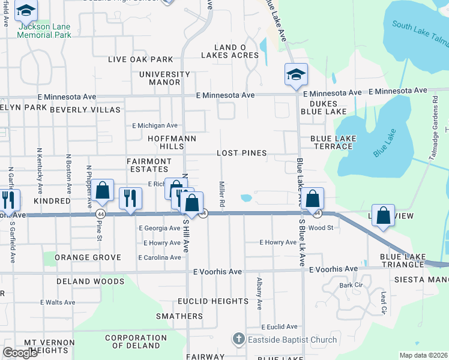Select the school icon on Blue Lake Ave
coord(296,75)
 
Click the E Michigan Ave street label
coord(155,125)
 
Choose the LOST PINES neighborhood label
coord(241,153)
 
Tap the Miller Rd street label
coord(221,195)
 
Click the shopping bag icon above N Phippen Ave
coord(103,191)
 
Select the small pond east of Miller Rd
coord(246,197)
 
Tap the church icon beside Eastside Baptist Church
coord(238,340)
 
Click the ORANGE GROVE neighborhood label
coord(88,257)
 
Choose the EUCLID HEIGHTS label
coord(213,301)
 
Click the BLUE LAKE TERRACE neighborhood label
coord(333,142)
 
